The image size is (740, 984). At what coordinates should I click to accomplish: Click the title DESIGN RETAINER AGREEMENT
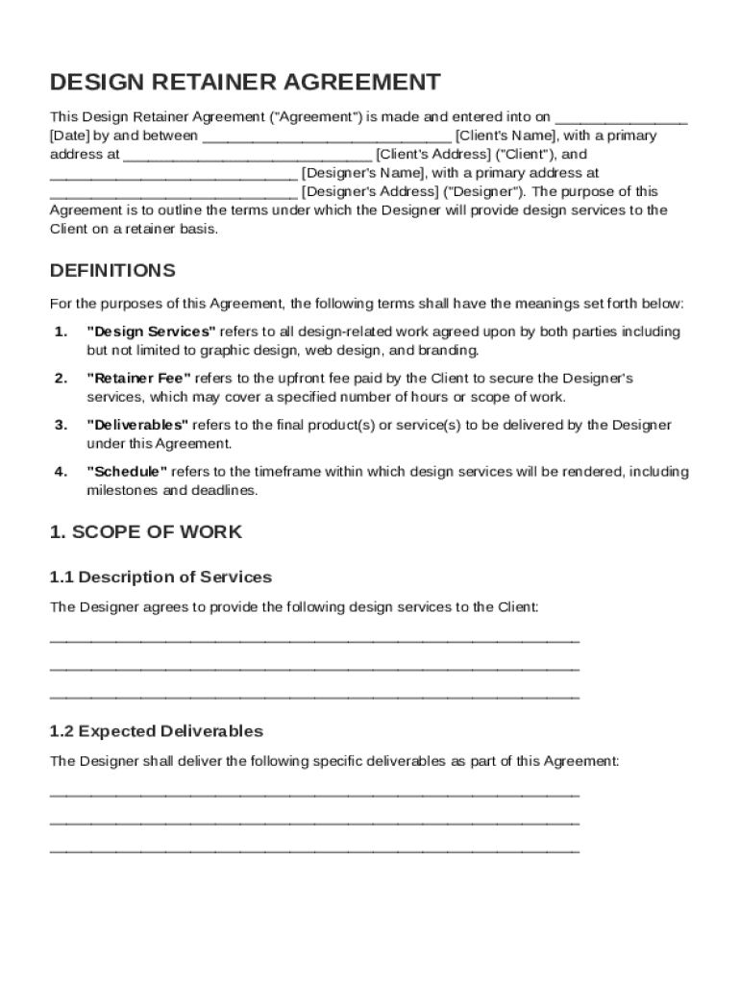(245, 82)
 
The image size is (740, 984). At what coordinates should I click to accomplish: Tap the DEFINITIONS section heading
(112, 270)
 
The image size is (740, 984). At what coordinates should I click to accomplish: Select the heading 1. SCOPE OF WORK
(146, 531)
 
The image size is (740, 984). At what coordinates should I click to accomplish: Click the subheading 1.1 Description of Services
(160, 578)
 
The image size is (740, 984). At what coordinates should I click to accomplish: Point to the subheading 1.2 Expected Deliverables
(157, 731)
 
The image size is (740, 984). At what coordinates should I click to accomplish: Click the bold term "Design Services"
(151, 332)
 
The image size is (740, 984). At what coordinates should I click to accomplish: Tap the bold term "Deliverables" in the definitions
(137, 425)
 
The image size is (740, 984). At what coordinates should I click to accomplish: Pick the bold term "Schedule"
(128, 472)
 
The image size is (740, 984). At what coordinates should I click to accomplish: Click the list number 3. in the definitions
(61, 425)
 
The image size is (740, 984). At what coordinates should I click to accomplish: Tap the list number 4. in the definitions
(61, 472)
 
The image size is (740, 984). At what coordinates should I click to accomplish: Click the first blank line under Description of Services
(314, 640)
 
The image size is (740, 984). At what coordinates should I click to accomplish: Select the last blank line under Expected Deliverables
(314, 851)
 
